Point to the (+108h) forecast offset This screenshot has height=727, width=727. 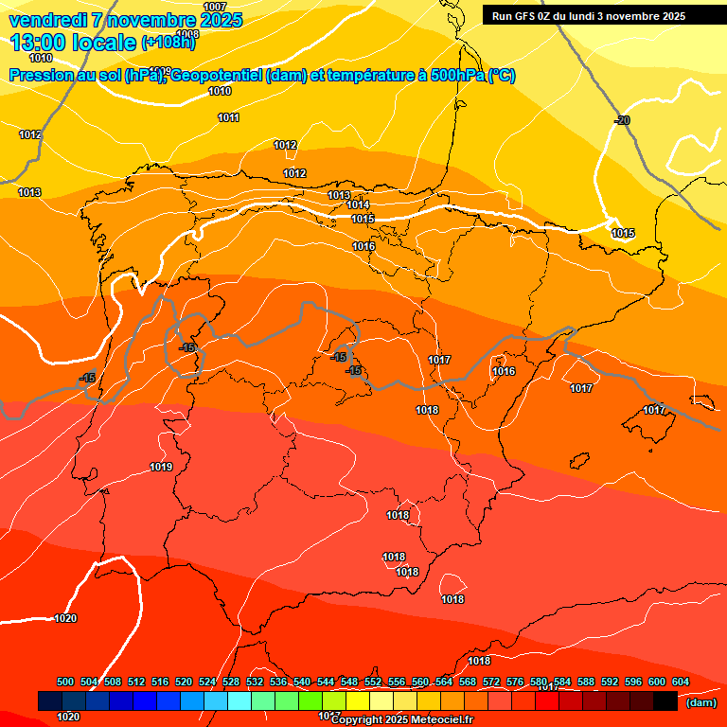point(168,43)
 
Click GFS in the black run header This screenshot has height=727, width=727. point(526,16)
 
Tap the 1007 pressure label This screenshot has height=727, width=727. point(215,7)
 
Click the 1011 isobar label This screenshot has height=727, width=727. point(228,117)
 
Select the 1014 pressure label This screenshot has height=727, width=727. point(358,204)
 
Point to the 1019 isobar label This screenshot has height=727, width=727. point(161,467)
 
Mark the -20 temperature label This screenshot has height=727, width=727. point(622,120)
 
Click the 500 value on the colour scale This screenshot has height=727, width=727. point(65,682)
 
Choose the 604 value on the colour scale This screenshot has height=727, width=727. point(680,682)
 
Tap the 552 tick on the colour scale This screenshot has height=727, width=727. point(373,682)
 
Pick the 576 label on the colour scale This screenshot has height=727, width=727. point(515,682)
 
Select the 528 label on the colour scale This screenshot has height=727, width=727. point(231,682)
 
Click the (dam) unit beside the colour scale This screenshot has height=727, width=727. point(700,702)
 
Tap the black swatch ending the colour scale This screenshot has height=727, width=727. point(665,700)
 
